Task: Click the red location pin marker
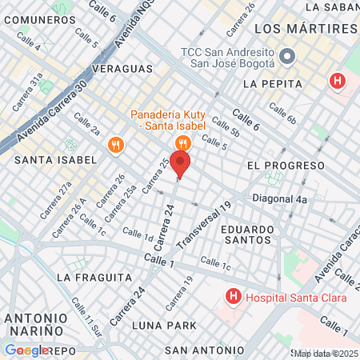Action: coord(180,163)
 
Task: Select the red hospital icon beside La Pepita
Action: coord(338,82)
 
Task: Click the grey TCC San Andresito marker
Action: coord(288,57)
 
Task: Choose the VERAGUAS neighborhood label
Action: coord(122,69)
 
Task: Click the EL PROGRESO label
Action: coord(286,165)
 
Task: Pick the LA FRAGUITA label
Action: coord(94,277)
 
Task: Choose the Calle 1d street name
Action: coord(138,234)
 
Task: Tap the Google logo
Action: coord(26,350)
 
